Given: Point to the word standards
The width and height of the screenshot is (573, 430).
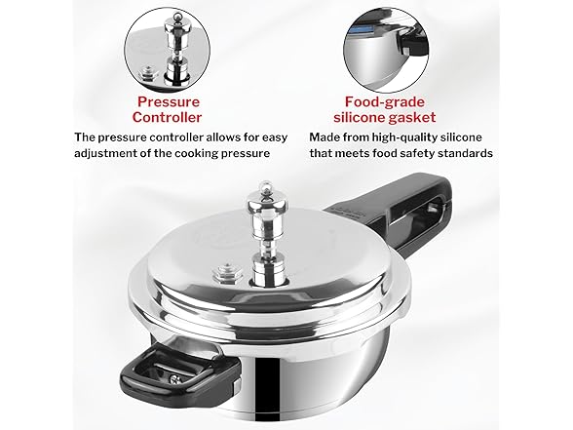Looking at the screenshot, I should pos(463,154).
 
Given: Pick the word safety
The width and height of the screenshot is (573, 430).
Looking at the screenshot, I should pos(414,154).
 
